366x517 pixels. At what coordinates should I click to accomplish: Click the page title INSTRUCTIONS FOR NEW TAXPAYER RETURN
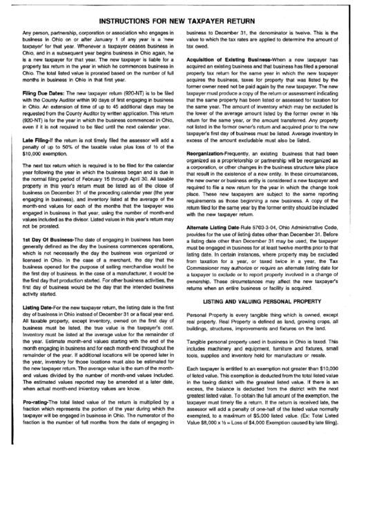click(183, 20)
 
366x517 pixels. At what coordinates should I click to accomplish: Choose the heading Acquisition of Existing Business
click(229, 80)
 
